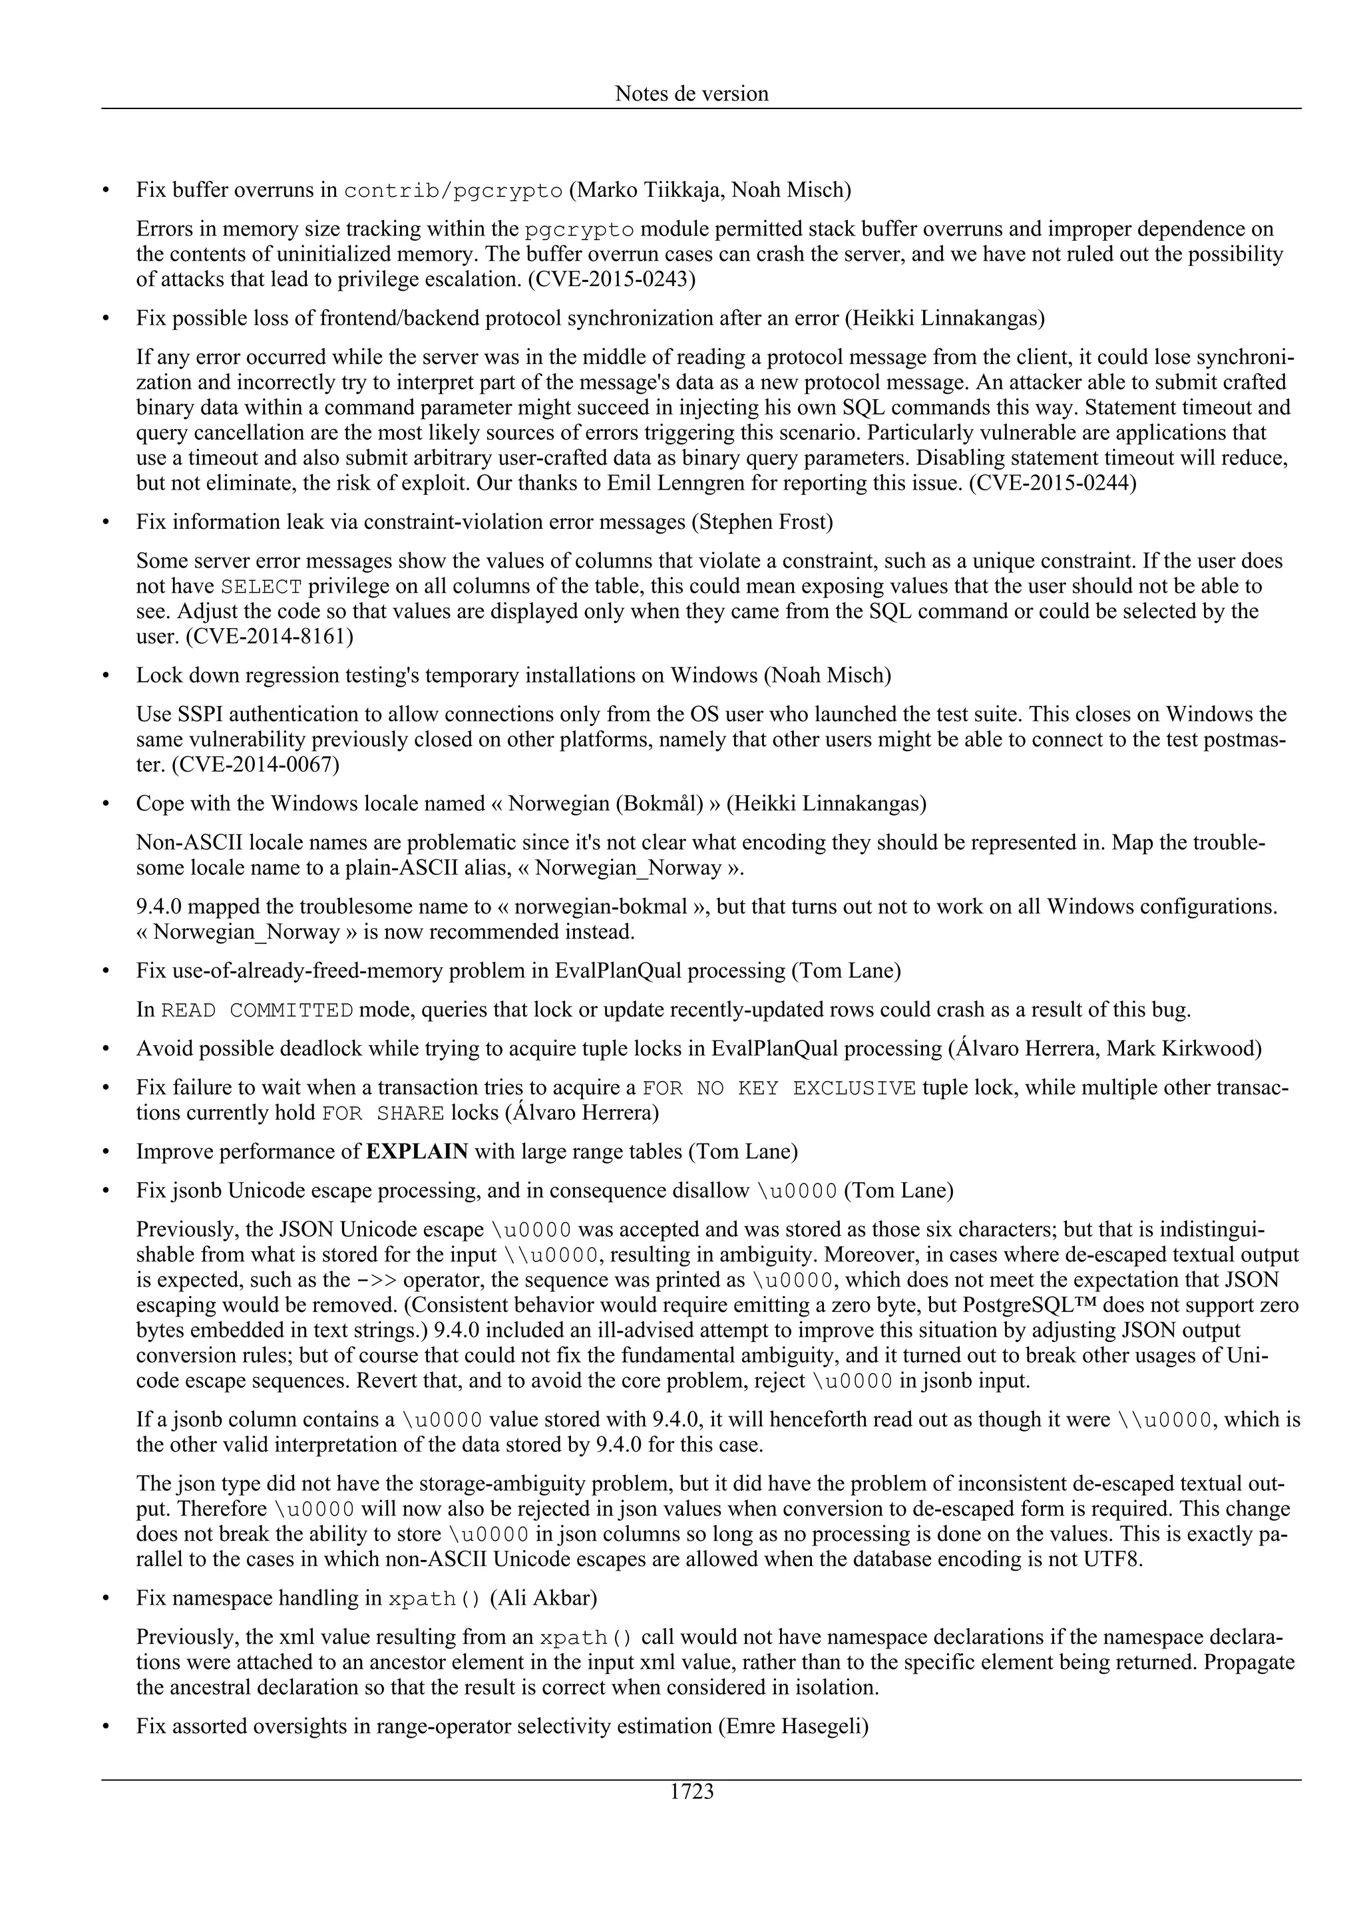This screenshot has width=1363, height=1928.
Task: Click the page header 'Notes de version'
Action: click(691, 93)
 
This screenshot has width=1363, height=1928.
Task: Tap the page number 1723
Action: click(691, 1792)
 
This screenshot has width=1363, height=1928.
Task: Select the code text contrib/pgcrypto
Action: click(453, 191)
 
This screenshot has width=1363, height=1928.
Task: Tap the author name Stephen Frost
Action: click(762, 522)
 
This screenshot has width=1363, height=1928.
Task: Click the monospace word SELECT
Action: click(261, 586)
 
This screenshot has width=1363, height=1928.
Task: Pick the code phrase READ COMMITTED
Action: click(257, 1010)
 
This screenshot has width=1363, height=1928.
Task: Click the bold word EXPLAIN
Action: click(417, 1151)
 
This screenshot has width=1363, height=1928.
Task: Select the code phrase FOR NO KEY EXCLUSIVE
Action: click(779, 1088)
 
